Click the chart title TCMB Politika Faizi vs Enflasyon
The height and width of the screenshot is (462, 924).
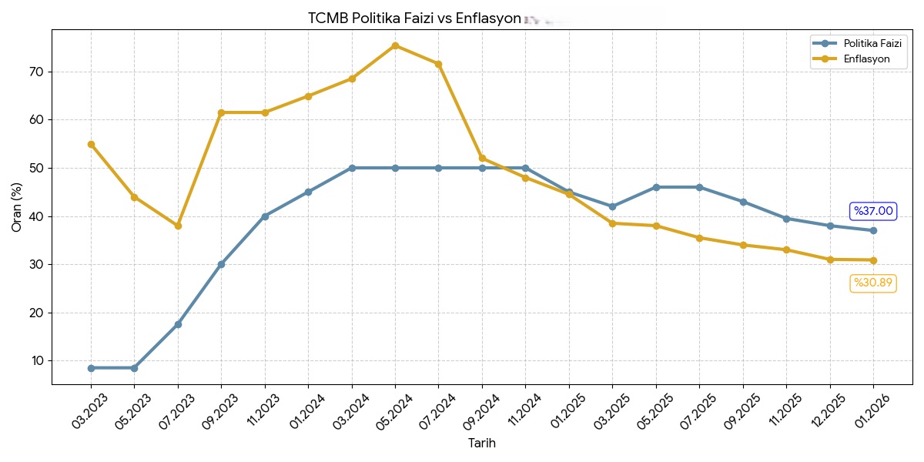coord(414,18)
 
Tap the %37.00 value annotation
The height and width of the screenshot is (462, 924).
coord(873,211)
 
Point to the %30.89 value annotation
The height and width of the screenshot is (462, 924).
coord(873,283)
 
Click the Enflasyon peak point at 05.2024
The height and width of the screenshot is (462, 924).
coord(395,45)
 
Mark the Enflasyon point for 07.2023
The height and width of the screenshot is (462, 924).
coord(178,226)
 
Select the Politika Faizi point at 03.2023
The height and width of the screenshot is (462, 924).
coord(91,368)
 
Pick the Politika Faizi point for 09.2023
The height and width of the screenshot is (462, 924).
coord(221,264)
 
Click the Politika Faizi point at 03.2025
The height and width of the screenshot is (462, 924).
coord(612,206)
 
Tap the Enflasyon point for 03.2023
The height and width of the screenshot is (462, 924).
coord(91,144)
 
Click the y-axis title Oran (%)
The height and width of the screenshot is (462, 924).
coord(17,206)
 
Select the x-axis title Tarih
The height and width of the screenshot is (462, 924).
coord(482,444)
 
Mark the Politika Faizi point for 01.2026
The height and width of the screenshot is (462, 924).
coord(873,230)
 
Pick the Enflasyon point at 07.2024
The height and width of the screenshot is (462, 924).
coord(438,64)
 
